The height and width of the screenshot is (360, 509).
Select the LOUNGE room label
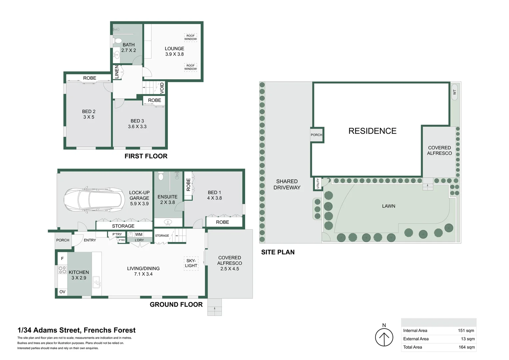(174, 49)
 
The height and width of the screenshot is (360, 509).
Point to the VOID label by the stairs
(162, 88)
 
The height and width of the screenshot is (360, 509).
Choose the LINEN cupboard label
(117, 72)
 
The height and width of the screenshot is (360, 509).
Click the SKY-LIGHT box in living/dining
(191, 263)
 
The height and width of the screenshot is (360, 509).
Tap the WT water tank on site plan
(454, 92)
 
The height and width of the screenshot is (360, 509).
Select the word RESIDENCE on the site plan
(372, 131)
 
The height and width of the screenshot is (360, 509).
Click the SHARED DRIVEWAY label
(287, 184)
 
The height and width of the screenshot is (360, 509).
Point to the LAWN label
(388, 206)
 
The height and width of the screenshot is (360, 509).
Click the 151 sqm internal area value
(466, 331)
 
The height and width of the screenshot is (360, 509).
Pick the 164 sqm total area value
(466, 347)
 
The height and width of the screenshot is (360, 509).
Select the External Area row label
(416, 339)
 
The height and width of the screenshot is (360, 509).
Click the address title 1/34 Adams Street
(76, 330)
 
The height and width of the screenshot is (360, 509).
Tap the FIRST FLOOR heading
(146, 156)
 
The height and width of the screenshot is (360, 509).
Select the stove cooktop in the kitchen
(62, 270)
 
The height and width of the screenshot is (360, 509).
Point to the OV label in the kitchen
(62, 292)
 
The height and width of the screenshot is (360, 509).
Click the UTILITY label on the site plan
(318, 184)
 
